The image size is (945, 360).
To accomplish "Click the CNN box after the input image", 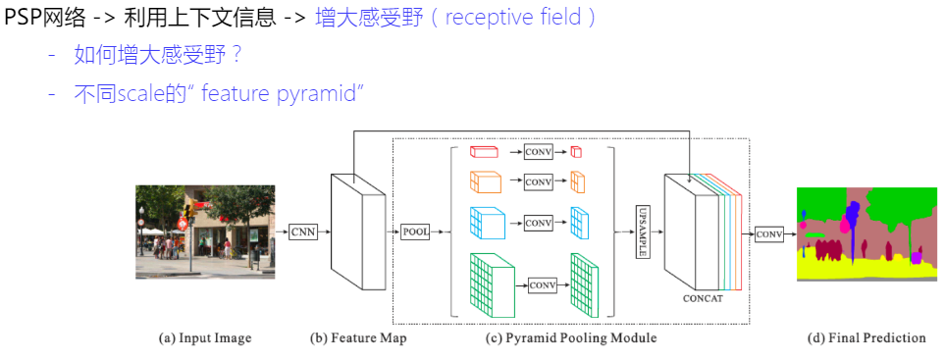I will tap(302, 231).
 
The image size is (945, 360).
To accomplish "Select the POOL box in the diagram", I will tap(415, 231).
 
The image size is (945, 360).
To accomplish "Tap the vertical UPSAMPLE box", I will tap(643, 231).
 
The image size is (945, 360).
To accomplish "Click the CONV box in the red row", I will tap(538, 152).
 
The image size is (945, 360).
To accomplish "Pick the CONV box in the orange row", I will tap(538, 182).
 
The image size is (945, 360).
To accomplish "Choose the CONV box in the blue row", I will tap(538, 224).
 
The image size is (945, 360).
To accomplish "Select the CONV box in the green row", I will tap(542, 284).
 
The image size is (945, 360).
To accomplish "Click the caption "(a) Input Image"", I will tap(205, 338).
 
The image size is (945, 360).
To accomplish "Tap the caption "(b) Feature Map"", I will tap(357, 338).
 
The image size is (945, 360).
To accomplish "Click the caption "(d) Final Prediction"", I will tap(866, 338).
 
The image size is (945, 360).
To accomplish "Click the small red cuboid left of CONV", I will tap(484, 152).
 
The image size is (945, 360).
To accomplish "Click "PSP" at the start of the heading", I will tap(23, 18).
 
